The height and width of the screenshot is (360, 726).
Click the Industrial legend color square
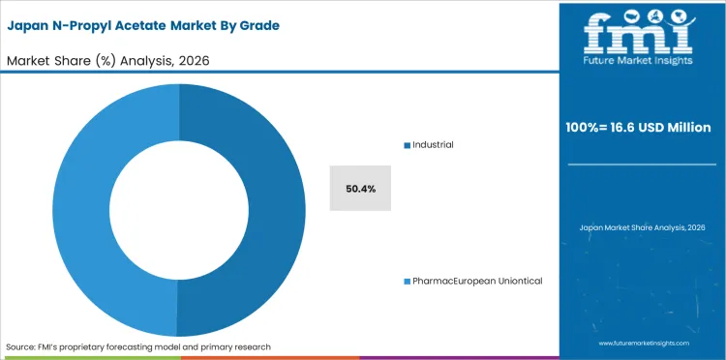(407, 145)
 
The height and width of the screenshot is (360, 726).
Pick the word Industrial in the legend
(433, 145)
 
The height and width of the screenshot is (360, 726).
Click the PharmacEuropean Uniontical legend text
(477, 281)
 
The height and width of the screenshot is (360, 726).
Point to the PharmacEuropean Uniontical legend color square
(407, 281)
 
